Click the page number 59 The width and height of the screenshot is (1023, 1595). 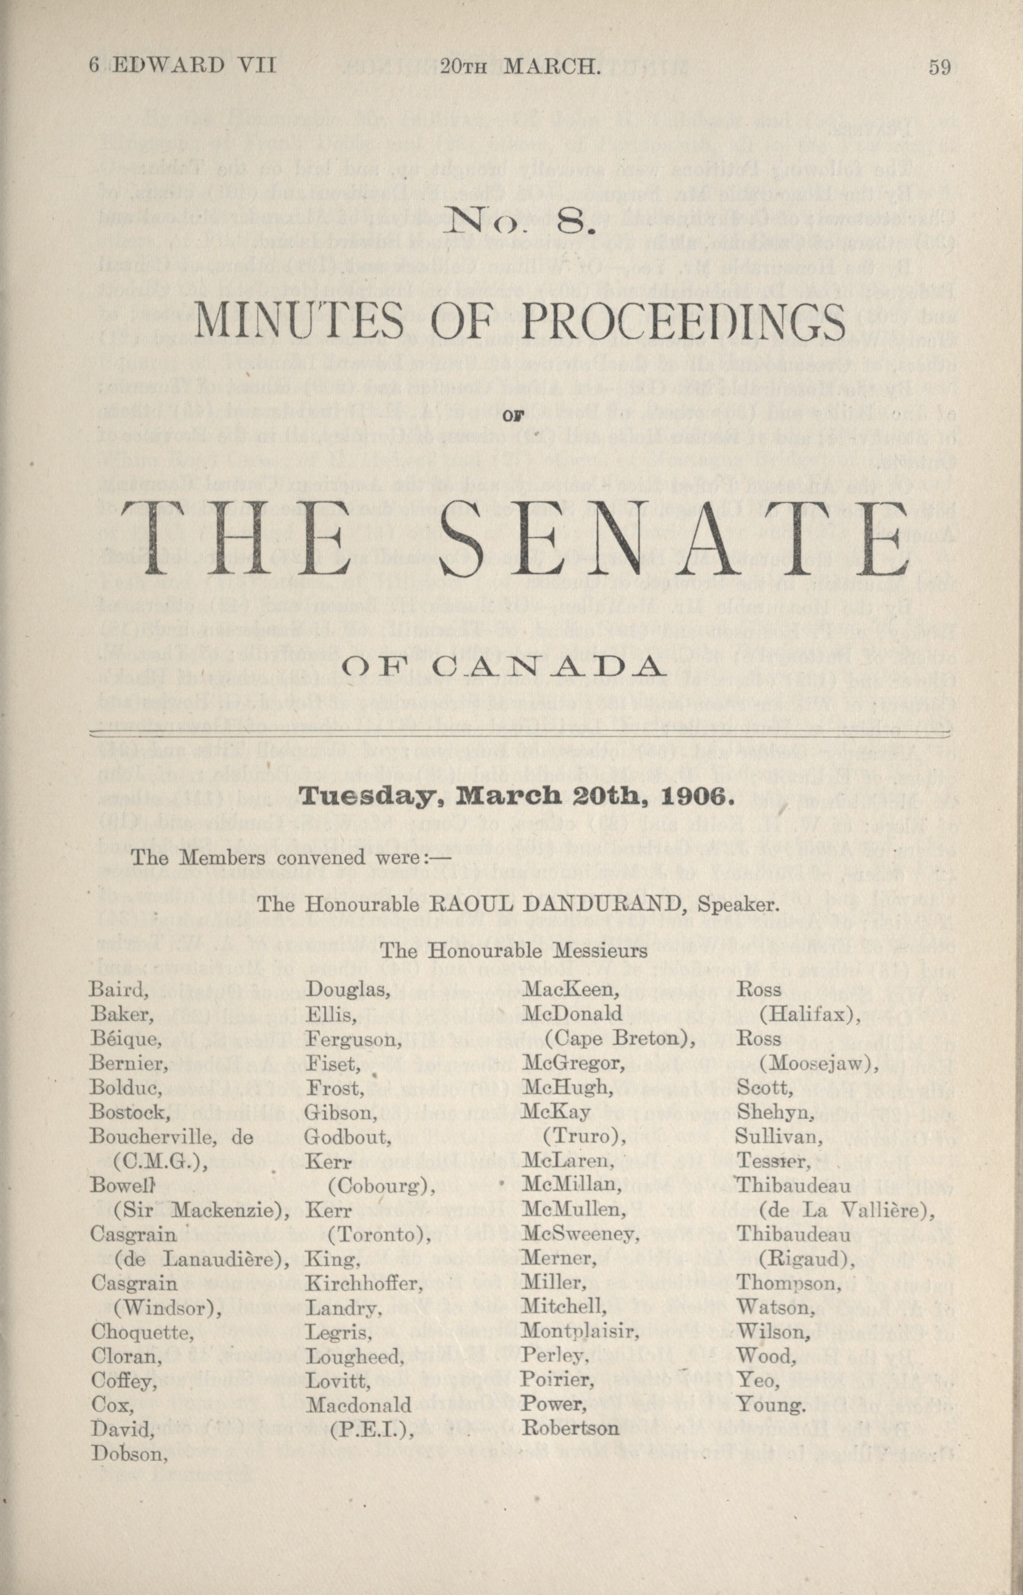(939, 68)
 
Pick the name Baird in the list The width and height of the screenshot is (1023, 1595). (116, 990)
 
